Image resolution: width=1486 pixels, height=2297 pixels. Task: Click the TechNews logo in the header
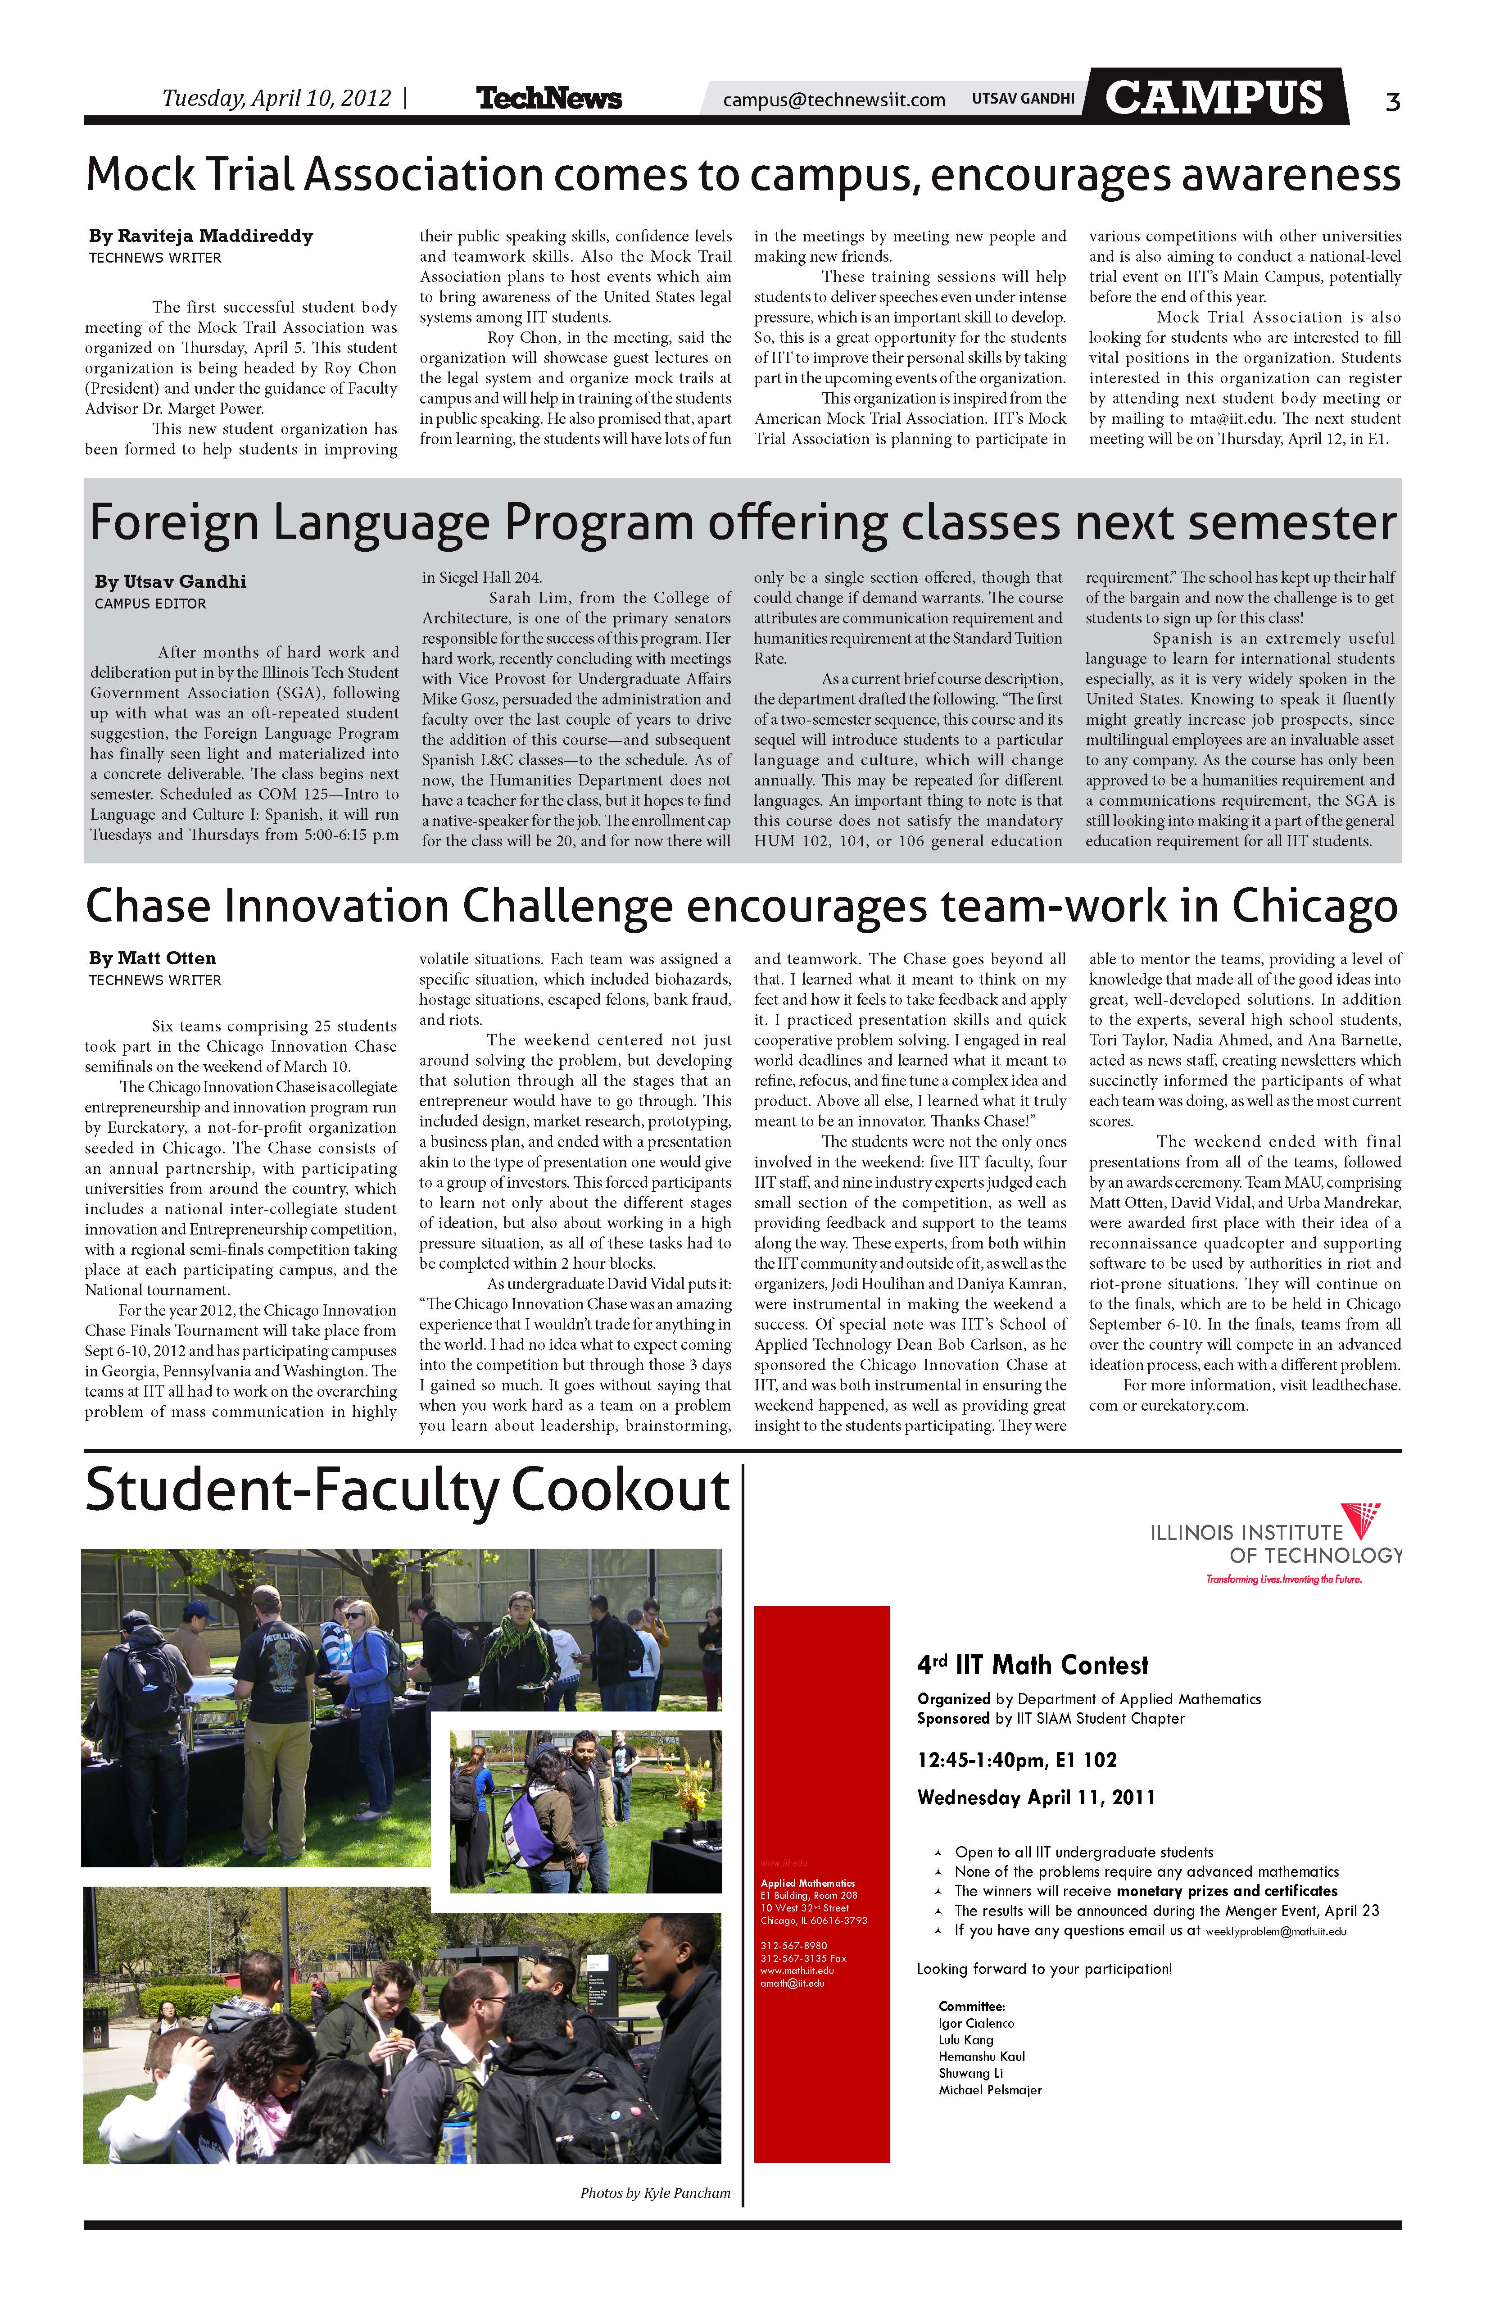point(549,99)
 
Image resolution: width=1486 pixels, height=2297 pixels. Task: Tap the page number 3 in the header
point(1392,100)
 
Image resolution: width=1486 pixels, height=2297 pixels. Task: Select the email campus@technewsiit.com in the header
point(834,100)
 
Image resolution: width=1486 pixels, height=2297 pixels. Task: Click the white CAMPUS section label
point(1214,97)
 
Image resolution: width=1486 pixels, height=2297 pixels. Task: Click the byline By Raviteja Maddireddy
point(201,236)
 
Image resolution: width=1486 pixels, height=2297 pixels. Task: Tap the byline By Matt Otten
point(153,958)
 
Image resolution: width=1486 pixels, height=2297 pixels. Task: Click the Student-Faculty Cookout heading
point(407,1491)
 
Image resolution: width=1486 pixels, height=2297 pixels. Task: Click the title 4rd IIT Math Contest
point(1033,1665)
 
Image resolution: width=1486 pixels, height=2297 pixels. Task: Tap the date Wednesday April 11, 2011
point(1035,1797)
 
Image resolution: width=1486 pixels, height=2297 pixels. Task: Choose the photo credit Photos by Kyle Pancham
point(655,2193)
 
